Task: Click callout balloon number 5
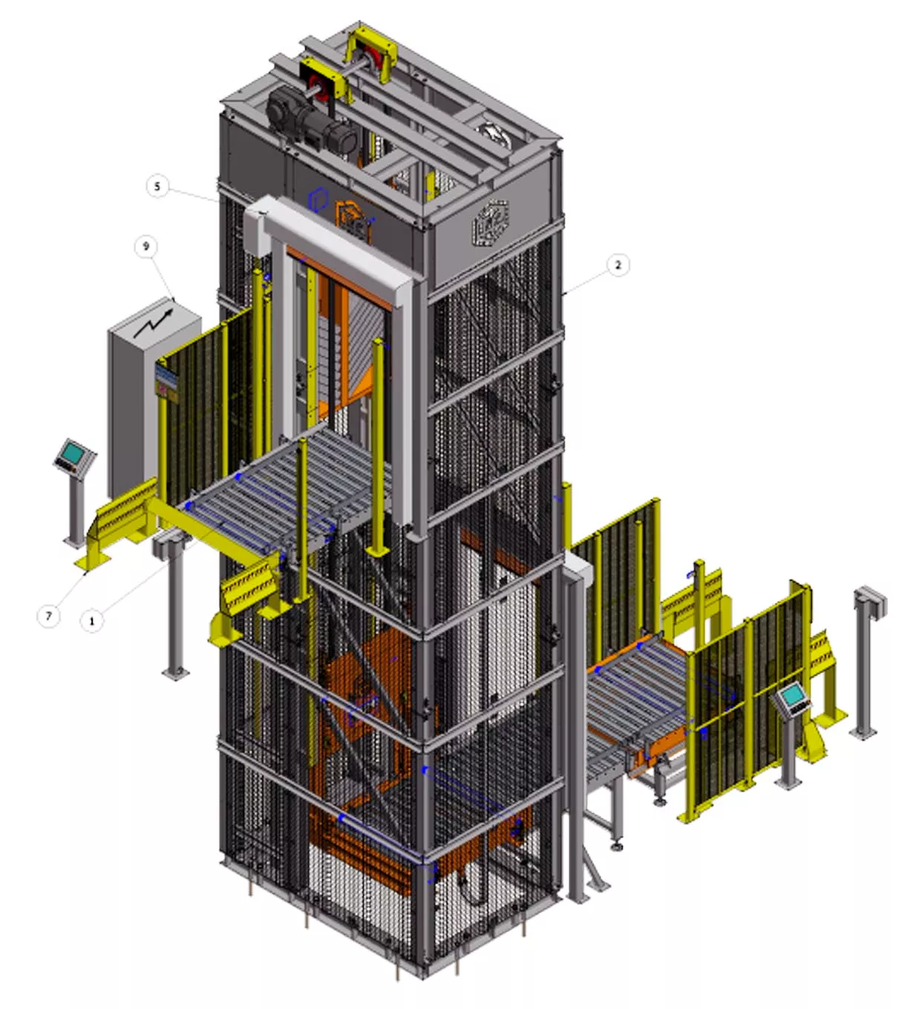coord(157,187)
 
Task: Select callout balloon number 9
coord(146,246)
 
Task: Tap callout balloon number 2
coord(618,265)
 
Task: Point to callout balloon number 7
coord(49,616)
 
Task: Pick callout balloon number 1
coord(91,621)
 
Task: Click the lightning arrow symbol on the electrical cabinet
coord(152,323)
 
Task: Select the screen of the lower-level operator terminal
coord(793,694)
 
